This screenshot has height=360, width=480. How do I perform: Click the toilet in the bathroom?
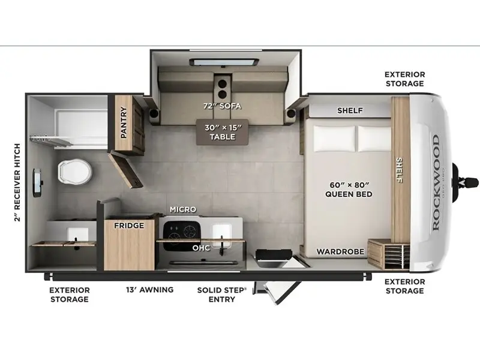(74, 172)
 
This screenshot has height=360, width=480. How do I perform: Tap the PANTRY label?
(124, 122)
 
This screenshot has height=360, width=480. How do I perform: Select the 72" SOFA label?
(222, 106)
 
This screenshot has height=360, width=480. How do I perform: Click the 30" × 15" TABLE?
(223, 132)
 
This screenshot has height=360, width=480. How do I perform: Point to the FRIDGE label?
(129, 226)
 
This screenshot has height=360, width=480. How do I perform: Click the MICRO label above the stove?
(183, 209)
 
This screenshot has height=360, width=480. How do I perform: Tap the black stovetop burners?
(182, 233)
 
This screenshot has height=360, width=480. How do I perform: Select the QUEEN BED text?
(349, 194)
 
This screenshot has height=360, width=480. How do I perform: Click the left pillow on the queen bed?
(334, 139)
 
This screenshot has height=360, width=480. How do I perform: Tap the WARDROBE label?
(340, 251)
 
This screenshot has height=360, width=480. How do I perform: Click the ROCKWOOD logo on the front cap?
(436, 182)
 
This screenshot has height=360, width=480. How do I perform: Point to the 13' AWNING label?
(149, 290)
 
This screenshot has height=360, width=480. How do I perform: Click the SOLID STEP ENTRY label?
(221, 295)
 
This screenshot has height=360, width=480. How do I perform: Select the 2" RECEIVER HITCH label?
(17, 182)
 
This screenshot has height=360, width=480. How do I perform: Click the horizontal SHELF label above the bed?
(350, 110)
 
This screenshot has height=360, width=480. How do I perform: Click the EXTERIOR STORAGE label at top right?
(404, 79)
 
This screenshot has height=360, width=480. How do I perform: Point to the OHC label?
(201, 248)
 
